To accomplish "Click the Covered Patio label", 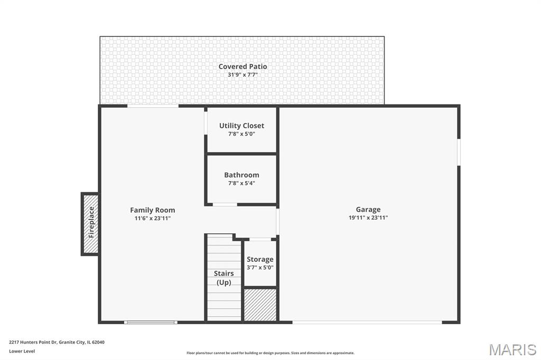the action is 242,67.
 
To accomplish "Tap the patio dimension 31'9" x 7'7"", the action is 242,75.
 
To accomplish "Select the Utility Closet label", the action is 241,126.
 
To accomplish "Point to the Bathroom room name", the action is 241,175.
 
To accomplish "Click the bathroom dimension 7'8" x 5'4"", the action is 241,184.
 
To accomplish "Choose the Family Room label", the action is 153,210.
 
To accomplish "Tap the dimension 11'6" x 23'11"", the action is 153,219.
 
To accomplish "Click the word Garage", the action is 368,210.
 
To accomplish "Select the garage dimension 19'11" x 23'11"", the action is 368,217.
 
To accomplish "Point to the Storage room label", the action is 260,259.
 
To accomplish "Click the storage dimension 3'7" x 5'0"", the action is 260,268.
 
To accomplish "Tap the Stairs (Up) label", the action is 223,278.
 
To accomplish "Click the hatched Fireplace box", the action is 90,224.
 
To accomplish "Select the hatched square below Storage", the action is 260,305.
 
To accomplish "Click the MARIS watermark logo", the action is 512,349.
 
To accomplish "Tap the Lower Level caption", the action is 22,352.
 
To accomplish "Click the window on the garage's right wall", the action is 459,152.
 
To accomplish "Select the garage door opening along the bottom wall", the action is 367,323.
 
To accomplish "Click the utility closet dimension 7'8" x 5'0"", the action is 241,134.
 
